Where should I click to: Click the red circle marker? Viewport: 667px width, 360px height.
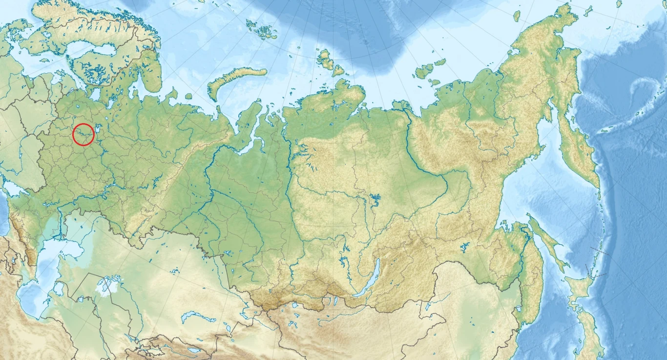pyautogui.click(x=83, y=135)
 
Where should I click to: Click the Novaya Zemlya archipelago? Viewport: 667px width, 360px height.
pyautogui.click(x=234, y=81)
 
